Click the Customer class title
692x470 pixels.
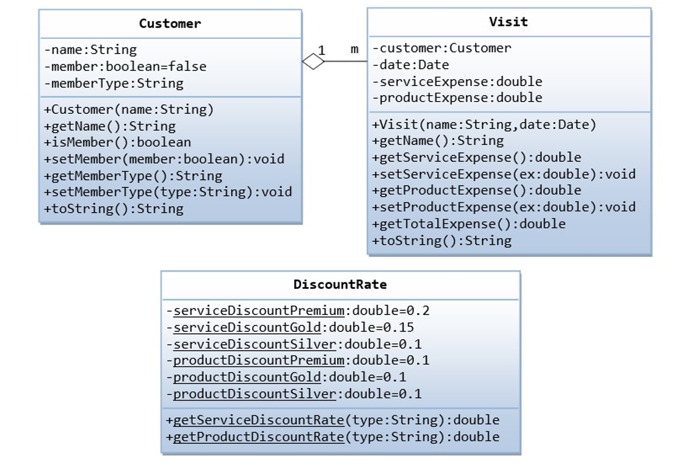pos(170,24)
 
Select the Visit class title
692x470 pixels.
pos(508,22)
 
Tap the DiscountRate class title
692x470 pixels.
pos(340,285)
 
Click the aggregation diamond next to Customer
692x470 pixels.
pos(313,62)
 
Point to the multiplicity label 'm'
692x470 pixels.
pos(354,49)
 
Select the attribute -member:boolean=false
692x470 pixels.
pos(125,66)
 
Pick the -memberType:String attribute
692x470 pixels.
pos(114,83)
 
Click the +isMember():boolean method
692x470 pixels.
pos(117,143)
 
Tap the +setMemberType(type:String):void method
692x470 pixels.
pos(168,192)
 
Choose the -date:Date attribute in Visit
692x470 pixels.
pos(411,65)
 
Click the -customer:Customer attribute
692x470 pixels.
pos(441,48)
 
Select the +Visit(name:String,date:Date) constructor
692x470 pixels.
pos(484,125)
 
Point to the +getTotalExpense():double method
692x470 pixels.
pos(469,224)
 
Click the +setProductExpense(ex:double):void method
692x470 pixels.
pos(503,207)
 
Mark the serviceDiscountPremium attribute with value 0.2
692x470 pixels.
pos(298,311)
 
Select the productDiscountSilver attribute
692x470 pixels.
pos(294,394)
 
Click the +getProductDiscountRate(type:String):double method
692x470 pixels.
pos(332,437)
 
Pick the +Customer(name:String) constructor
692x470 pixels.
pos(129,109)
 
